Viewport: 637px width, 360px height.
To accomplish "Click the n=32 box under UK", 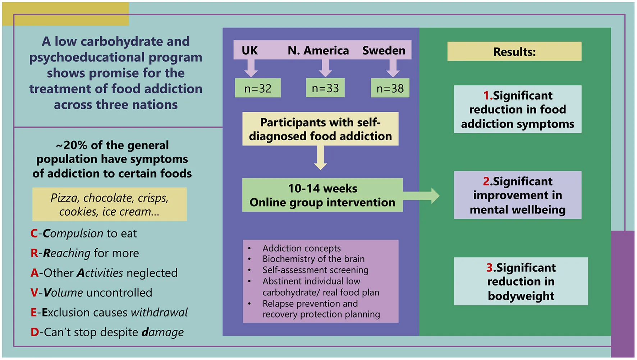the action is [x=258, y=88].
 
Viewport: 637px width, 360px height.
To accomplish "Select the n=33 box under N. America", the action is [x=325, y=88].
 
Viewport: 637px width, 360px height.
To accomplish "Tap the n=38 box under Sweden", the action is [x=390, y=88].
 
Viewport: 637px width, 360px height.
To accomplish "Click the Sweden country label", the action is [x=384, y=50].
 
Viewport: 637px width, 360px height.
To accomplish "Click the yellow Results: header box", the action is [x=514, y=51].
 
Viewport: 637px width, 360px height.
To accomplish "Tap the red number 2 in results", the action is [x=486, y=181].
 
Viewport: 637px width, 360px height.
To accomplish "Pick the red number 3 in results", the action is [x=490, y=268].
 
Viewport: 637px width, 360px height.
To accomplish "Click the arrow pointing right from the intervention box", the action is [x=421, y=196].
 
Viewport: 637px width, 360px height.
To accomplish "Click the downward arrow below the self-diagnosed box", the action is [x=320, y=158].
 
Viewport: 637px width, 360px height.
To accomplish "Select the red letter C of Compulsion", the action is [x=34, y=234].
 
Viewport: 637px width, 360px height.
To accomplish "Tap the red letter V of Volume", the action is [x=34, y=293].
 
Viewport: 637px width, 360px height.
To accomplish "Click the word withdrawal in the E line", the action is [x=159, y=312].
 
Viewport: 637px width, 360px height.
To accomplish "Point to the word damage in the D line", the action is [x=163, y=332].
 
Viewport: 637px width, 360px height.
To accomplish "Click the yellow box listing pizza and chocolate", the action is [x=110, y=204].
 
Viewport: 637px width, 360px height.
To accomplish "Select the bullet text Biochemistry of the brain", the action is [x=313, y=259].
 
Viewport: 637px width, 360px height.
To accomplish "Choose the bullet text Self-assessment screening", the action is [x=315, y=270].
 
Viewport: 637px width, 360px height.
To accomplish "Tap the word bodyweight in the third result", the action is [x=521, y=296].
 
